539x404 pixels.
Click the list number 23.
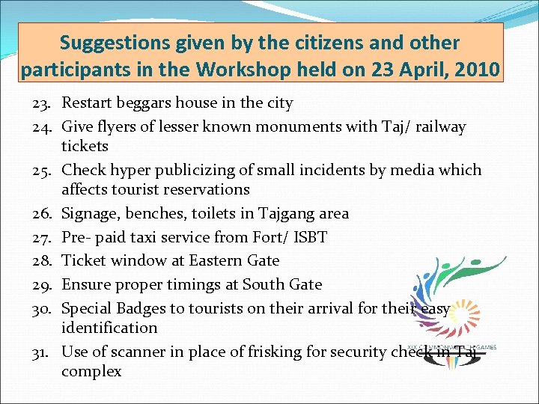pos(42,103)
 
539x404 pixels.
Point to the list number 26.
pos(42,214)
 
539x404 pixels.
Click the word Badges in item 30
pos(144,308)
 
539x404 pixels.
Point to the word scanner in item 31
pos(132,352)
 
